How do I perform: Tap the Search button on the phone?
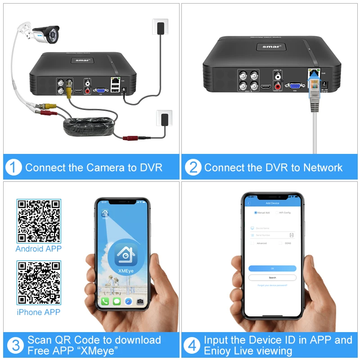272,278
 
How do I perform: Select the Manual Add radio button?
256,212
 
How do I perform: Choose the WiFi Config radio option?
277,212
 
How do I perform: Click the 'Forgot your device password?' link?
272,285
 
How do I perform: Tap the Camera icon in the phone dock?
140,301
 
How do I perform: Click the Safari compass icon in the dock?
128,301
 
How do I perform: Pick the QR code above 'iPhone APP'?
39,283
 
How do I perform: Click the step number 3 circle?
15,346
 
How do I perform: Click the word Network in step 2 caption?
323,168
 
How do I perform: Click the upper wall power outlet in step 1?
160,27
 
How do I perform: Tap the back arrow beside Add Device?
248,203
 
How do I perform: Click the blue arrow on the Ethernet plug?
313,80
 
